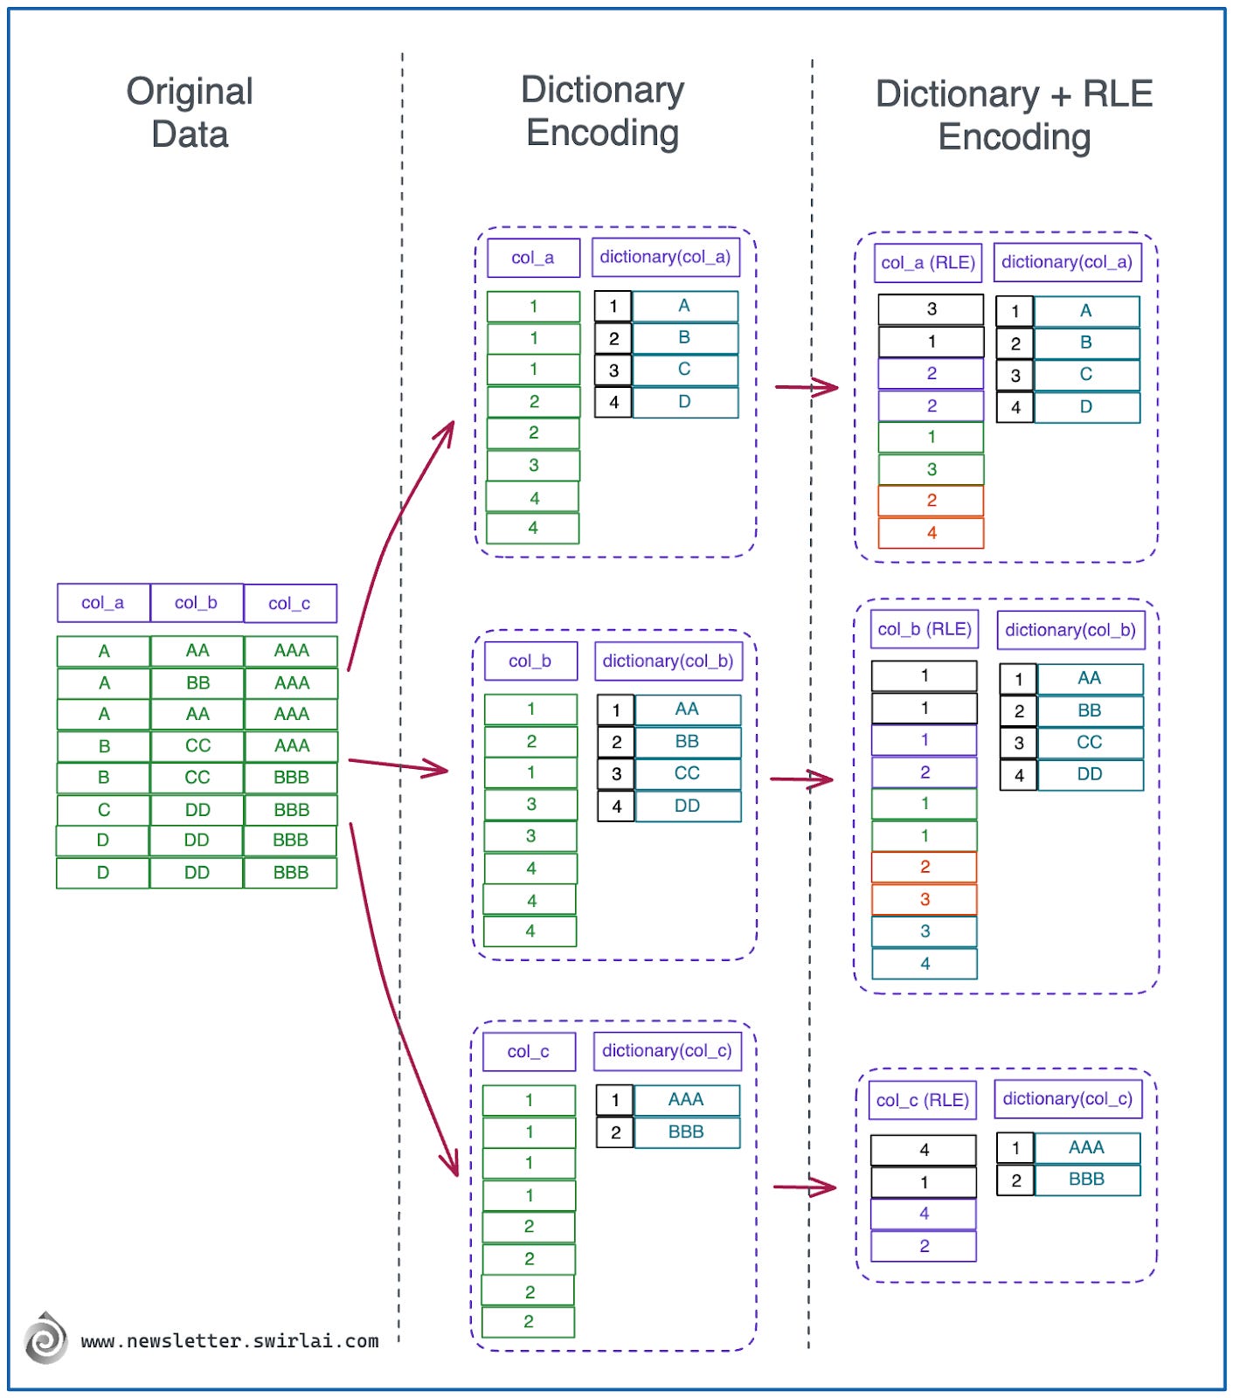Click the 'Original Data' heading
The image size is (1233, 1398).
pyautogui.click(x=190, y=113)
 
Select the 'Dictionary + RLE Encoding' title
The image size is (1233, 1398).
pyautogui.click(x=1014, y=115)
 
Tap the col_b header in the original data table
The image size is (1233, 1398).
pyautogui.click(x=196, y=603)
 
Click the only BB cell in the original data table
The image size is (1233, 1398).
pyautogui.click(x=197, y=682)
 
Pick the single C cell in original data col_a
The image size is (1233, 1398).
pyautogui.click(x=103, y=809)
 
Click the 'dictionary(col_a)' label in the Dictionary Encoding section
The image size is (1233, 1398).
pyautogui.click(x=664, y=257)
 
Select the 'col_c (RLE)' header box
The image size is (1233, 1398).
pyautogui.click(x=922, y=1100)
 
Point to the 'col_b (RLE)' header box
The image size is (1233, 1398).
pyautogui.click(x=925, y=629)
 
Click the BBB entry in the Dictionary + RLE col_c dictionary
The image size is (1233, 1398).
pyautogui.click(x=1086, y=1180)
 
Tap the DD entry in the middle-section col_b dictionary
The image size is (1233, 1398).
pyautogui.click(x=687, y=806)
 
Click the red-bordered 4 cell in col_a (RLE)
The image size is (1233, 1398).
pyautogui.click(x=931, y=533)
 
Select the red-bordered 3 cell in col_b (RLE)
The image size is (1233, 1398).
pyautogui.click(x=925, y=899)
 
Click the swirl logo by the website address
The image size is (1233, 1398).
pyautogui.click(x=45, y=1339)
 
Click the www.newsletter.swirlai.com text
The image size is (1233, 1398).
pyautogui.click(x=230, y=1341)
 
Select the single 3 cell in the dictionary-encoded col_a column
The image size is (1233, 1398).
pyautogui.click(x=533, y=466)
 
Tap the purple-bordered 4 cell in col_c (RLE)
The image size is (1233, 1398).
pyautogui.click(x=924, y=1214)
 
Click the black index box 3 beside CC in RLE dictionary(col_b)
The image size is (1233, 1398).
pyautogui.click(x=1018, y=743)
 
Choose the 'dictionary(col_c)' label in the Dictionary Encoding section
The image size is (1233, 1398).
pyautogui.click(x=666, y=1051)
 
